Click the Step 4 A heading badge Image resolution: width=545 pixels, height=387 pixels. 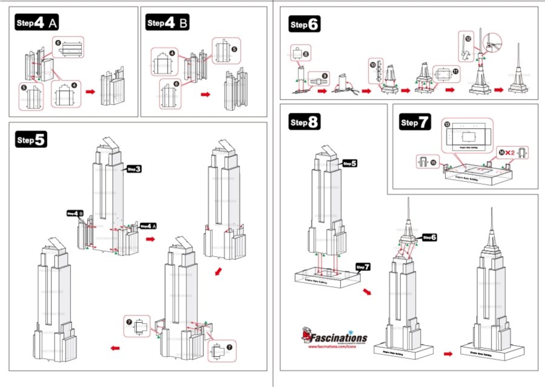pyautogui.click(x=37, y=24)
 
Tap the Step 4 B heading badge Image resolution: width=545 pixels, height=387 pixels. pyautogui.click(x=168, y=24)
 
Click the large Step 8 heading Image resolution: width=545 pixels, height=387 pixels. pyautogui.click(x=305, y=122)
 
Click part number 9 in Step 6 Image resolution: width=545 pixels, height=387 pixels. pyautogui.click(x=325, y=76)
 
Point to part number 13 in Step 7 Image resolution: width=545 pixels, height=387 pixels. pyautogui.click(x=447, y=124)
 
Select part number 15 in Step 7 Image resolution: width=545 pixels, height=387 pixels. pyautogui.click(x=432, y=162)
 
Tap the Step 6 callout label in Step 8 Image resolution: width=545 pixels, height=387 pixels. pyautogui.click(x=429, y=237)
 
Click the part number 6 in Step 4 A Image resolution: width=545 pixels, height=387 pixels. pyautogui.click(x=58, y=43)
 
